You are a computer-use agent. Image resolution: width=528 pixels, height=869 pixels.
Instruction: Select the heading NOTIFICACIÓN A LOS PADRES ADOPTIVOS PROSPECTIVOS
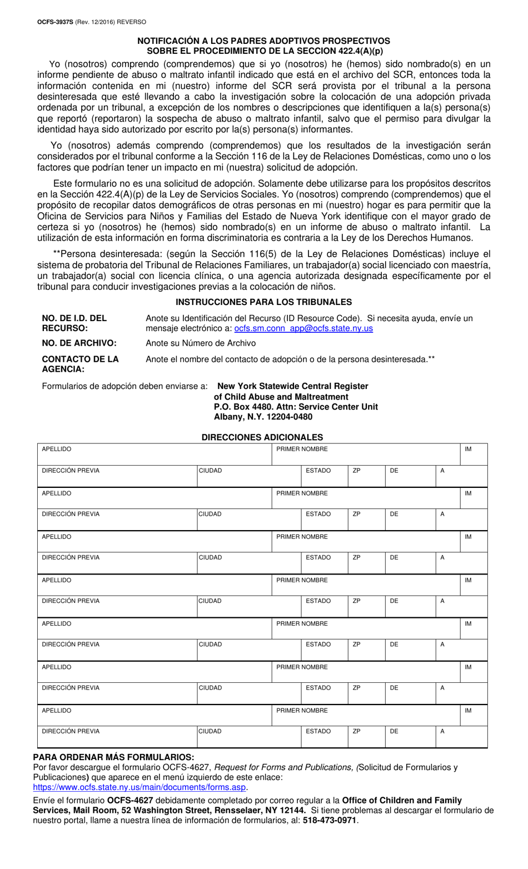[x=263, y=41]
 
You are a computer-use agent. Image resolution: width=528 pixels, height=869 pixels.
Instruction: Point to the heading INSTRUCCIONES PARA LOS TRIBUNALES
[x=263, y=302]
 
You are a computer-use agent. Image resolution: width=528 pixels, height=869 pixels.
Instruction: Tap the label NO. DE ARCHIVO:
[x=79, y=343]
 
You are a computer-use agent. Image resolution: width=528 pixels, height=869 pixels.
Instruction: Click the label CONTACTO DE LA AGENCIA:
[x=80, y=364]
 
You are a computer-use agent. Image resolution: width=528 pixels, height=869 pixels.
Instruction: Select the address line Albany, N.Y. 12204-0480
[x=263, y=417]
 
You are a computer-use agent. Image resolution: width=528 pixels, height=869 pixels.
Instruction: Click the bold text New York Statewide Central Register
[x=292, y=386]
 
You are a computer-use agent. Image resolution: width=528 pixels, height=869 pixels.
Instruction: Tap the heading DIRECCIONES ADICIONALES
[x=262, y=437]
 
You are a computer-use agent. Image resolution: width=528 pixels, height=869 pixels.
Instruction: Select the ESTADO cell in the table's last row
[x=324, y=736]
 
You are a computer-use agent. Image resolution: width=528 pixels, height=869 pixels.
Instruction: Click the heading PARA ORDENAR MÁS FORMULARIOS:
[x=114, y=757]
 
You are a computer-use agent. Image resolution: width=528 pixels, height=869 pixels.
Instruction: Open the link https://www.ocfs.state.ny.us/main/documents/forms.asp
[x=140, y=787]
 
